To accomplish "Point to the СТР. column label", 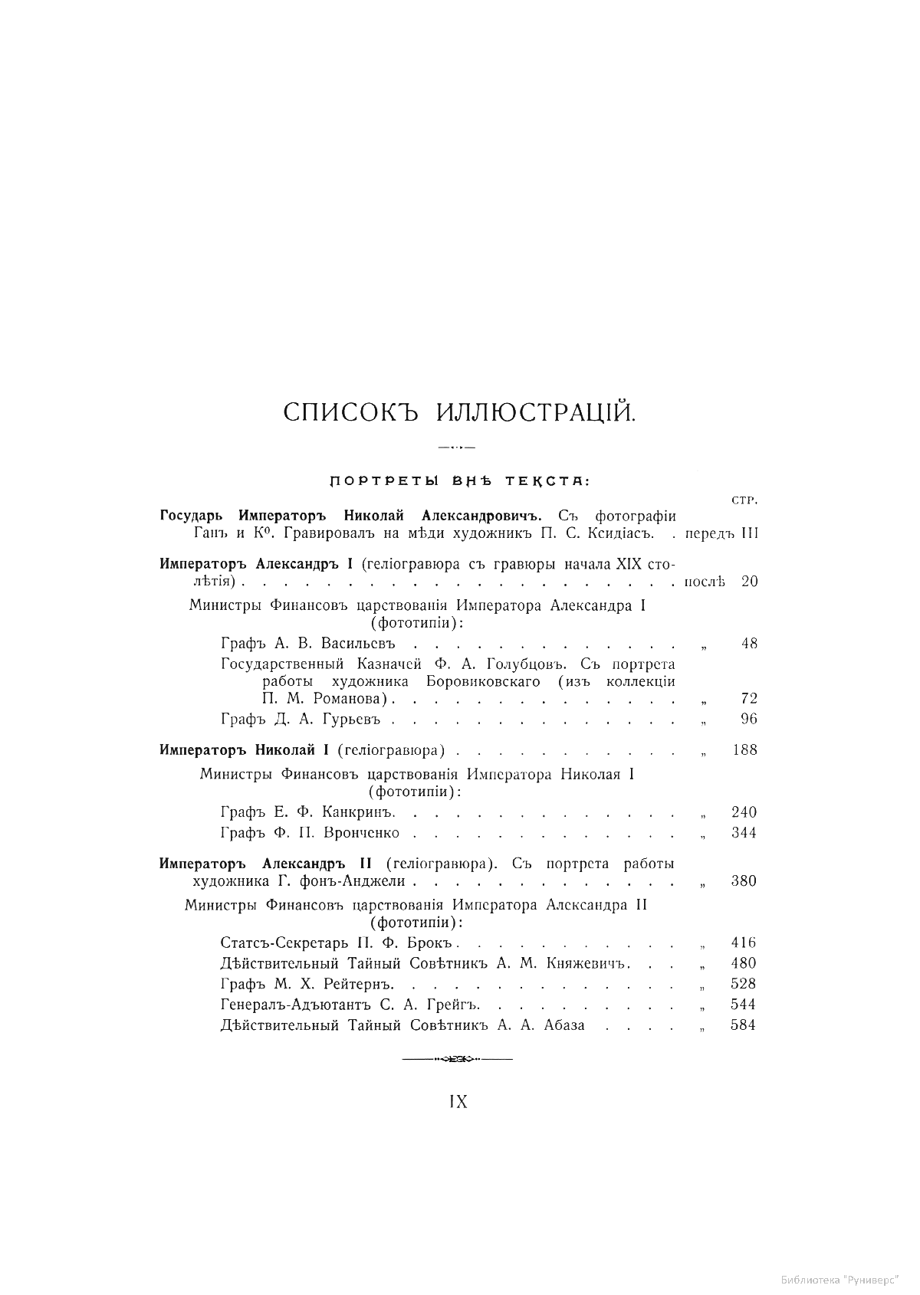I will (x=740, y=501).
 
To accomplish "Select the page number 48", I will (x=749, y=644).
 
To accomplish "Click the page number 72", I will (x=749, y=698).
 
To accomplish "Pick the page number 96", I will (x=749, y=719).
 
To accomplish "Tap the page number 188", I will (x=744, y=750).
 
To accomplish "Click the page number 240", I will (x=744, y=812).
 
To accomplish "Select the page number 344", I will (x=744, y=833).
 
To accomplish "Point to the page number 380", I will (x=744, y=881).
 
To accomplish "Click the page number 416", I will (x=744, y=943).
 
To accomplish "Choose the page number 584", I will (x=744, y=1025).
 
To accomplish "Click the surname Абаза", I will (x=563, y=1025).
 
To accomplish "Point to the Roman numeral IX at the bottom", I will (x=458, y=1102).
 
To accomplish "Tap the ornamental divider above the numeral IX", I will (x=458, y=1060).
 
